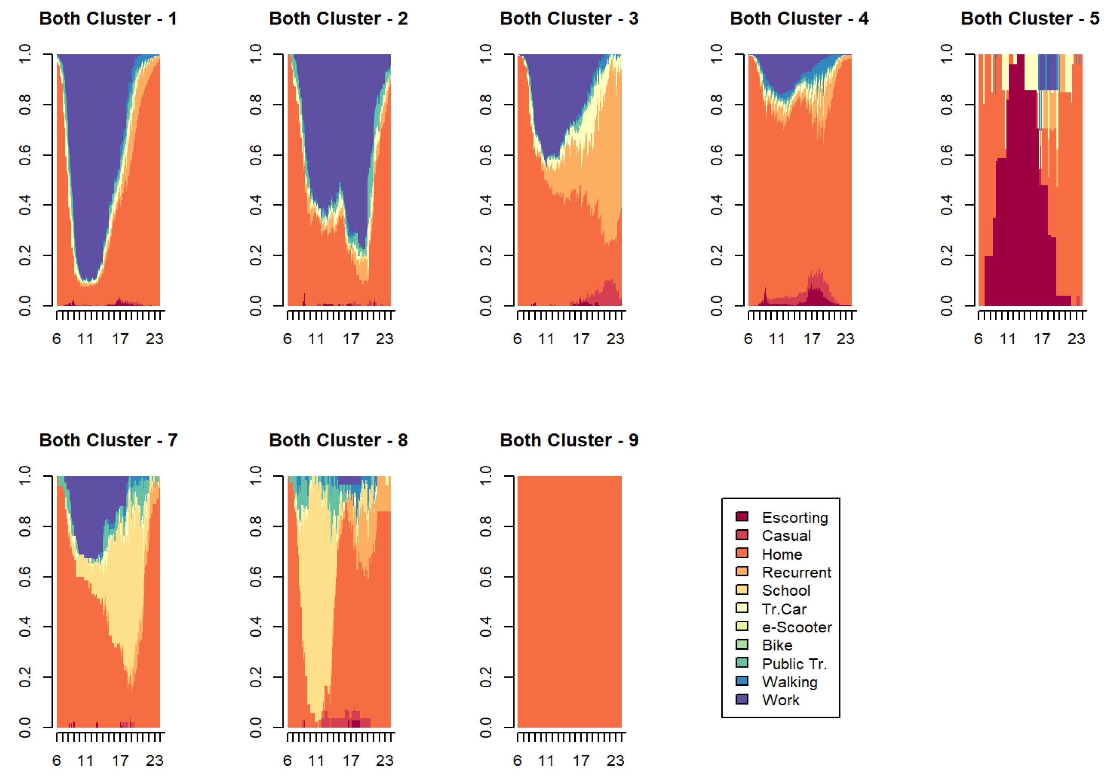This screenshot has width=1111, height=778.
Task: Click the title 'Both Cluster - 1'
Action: [108, 19]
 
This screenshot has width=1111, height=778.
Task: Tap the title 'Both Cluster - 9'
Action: [569, 440]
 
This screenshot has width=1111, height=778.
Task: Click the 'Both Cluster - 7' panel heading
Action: [108, 440]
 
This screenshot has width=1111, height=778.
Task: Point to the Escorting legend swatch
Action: [742, 517]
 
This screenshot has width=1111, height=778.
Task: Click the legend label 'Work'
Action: [780, 700]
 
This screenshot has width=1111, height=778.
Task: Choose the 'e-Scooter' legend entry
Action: [797, 627]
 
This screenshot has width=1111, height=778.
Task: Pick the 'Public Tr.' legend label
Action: [794, 664]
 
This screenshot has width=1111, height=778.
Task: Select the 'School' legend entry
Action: [786, 590]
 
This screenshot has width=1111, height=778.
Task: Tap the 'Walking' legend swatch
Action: [742, 681]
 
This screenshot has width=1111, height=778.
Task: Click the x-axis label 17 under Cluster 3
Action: [581, 339]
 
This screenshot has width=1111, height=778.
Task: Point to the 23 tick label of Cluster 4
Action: [845, 339]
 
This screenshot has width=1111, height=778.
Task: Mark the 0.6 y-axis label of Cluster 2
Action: [255, 155]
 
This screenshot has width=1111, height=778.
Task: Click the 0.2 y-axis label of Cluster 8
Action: [255, 677]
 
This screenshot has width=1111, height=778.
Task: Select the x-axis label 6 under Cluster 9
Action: [517, 761]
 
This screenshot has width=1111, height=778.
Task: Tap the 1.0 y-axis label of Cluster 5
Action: [946, 53]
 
